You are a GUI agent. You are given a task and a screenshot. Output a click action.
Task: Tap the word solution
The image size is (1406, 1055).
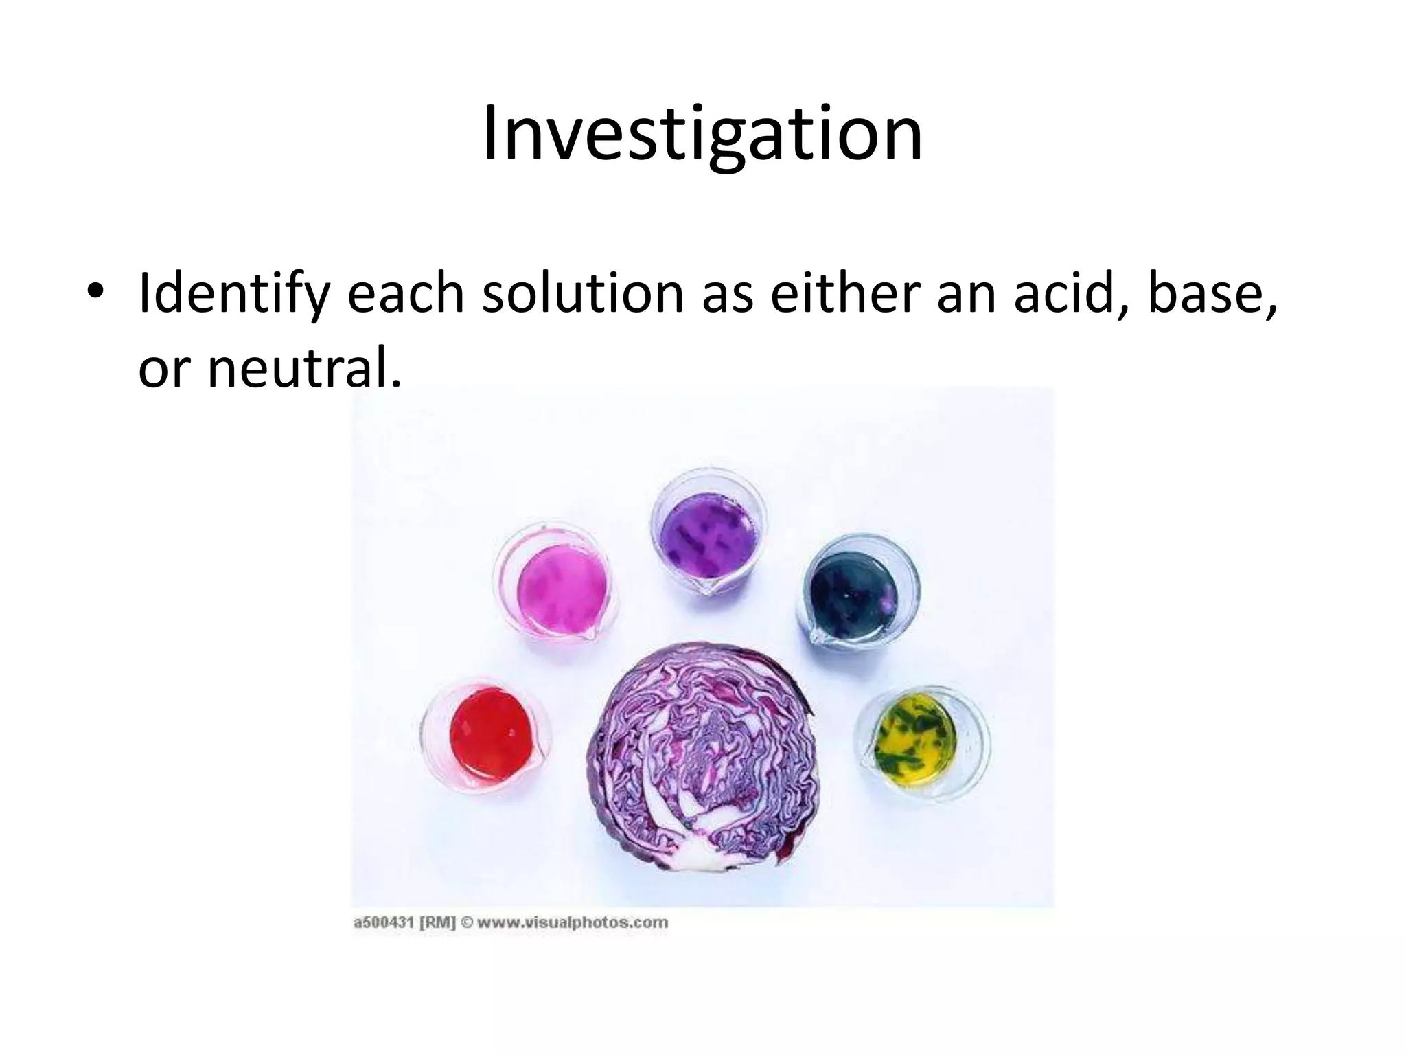pyautogui.click(x=583, y=294)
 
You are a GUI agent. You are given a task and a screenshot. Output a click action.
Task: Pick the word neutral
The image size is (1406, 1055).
pyautogui.click(x=302, y=367)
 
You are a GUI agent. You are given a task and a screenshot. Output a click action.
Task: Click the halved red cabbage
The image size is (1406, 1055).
pyautogui.click(x=704, y=756)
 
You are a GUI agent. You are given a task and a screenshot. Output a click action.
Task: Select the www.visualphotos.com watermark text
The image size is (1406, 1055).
pyautogui.click(x=572, y=923)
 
